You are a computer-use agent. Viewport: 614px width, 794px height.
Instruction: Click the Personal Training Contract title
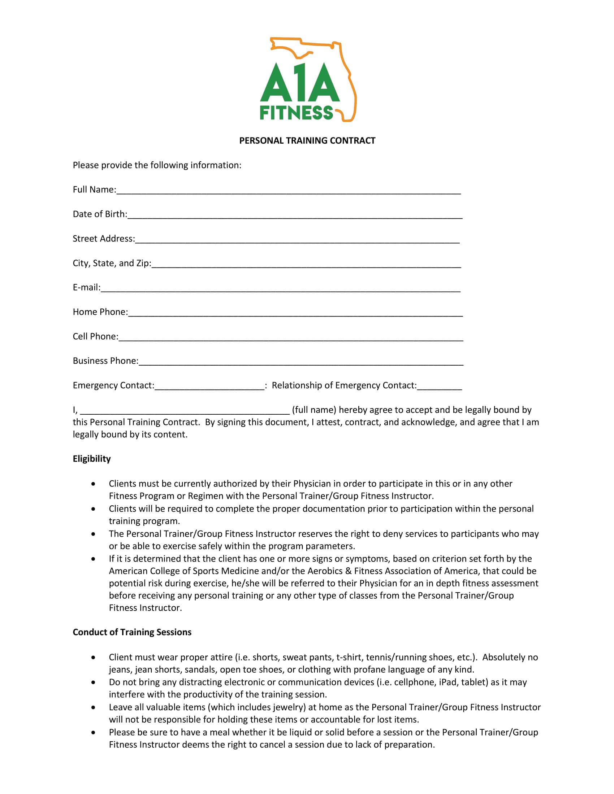[x=307, y=141]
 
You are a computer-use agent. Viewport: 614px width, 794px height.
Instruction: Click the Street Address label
[x=104, y=239]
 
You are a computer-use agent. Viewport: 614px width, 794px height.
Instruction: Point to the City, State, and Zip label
[x=112, y=263]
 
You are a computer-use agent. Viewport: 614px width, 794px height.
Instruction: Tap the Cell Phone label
[x=95, y=337]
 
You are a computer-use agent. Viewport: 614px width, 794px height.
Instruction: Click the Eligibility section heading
[x=92, y=459]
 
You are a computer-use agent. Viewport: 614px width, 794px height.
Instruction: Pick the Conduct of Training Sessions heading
[x=132, y=632]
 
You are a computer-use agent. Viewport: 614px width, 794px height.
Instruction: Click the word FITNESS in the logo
[x=297, y=113]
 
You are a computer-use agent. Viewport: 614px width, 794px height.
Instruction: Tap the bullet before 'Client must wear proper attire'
[x=94, y=658]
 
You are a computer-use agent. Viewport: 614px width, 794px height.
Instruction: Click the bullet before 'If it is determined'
[x=94, y=559]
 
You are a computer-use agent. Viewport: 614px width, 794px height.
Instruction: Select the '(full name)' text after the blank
[x=314, y=410]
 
